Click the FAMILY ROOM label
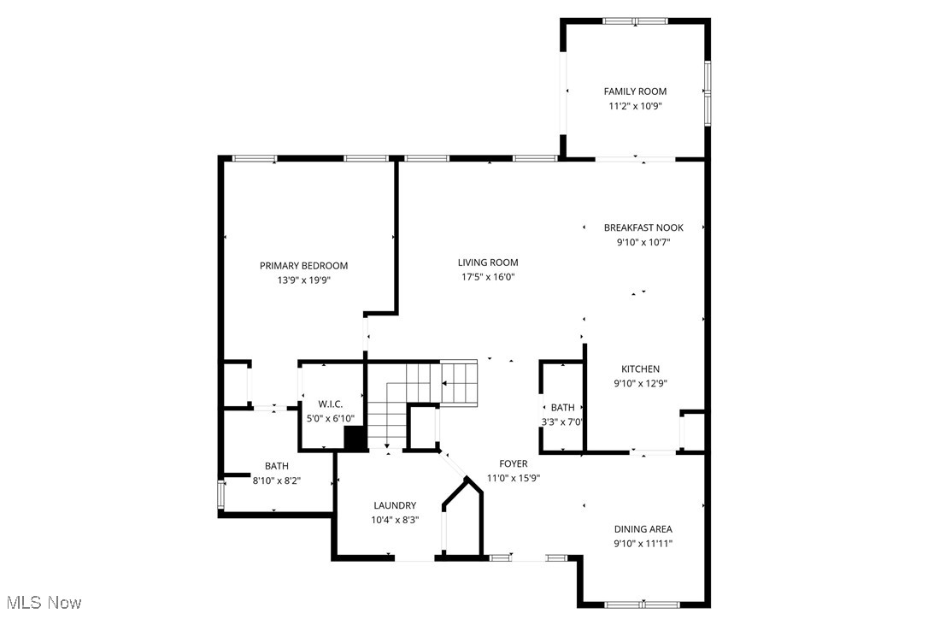(635, 91)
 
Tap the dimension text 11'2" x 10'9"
(635, 107)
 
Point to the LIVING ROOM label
(488, 262)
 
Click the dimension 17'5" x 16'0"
(488, 277)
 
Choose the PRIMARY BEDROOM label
(303, 266)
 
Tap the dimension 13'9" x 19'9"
(303, 280)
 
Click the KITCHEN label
(640, 369)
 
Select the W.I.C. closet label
(330, 404)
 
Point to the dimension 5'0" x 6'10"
(330, 419)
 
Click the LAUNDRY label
(394, 505)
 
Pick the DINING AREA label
(643, 529)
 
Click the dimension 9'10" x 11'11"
(643, 544)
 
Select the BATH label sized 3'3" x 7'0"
(562, 408)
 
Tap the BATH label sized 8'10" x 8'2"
(276, 466)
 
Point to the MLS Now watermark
(42, 603)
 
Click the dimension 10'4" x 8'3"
(394, 520)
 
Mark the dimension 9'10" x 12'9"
(640, 384)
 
